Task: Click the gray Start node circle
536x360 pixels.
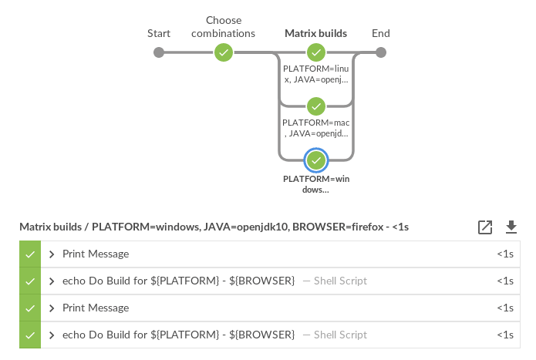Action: click(159, 52)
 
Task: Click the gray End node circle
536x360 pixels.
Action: click(380, 52)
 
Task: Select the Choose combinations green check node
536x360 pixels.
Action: click(224, 52)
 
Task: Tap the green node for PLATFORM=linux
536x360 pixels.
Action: click(315, 52)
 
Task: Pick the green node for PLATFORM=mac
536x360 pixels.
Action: click(315, 106)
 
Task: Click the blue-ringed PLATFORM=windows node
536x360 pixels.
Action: click(315, 160)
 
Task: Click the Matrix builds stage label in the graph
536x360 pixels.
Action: click(315, 33)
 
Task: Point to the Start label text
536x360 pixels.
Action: click(159, 33)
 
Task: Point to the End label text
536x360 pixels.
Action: click(380, 33)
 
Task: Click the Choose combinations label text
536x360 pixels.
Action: click(224, 27)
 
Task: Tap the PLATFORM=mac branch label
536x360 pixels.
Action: click(315, 128)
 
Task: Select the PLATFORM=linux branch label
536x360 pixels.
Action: click(315, 74)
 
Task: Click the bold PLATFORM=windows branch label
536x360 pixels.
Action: click(315, 184)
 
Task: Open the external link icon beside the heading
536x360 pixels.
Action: click(485, 227)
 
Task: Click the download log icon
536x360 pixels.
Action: click(511, 227)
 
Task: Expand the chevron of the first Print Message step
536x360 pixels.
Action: click(52, 254)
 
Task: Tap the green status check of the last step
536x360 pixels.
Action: click(30, 335)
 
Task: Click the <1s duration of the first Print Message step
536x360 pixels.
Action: click(505, 254)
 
